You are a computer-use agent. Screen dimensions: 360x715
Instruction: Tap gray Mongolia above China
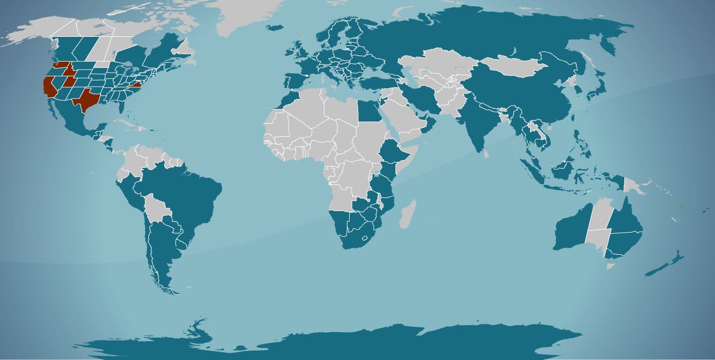[x=511, y=66]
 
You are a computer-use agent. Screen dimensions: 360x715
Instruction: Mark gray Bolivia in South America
[x=157, y=207]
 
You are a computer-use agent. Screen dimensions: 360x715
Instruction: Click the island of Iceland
[x=274, y=27]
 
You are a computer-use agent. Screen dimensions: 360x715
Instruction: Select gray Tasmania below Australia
[x=610, y=266]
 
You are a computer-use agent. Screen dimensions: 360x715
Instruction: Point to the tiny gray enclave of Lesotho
[x=365, y=238]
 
